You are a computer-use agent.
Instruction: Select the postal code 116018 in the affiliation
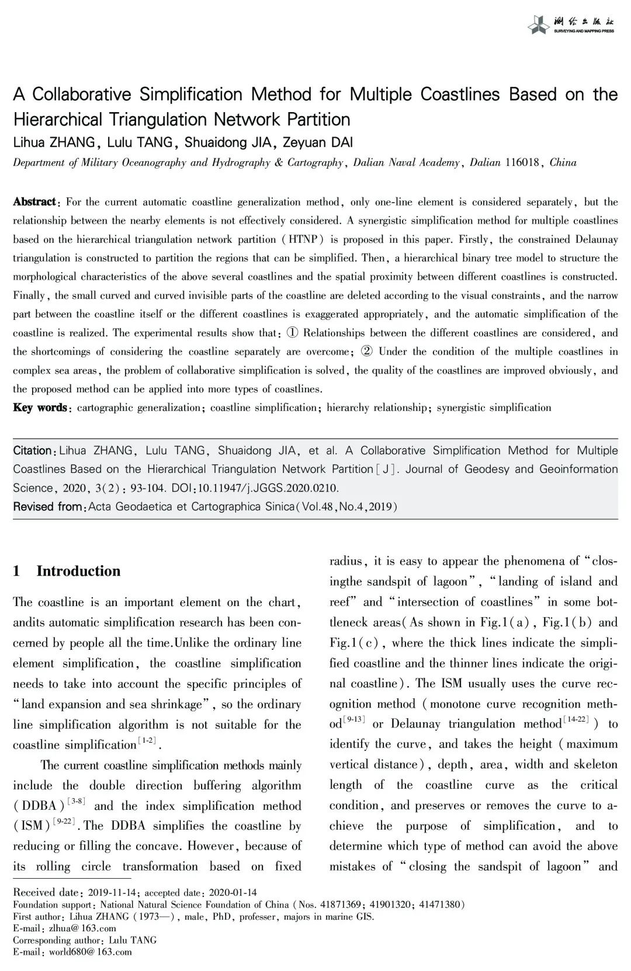(x=522, y=162)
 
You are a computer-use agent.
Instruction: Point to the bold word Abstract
(x=34, y=202)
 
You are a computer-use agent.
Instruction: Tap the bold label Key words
(x=40, y=408)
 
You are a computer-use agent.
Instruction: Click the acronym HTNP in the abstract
(x=306, y=239)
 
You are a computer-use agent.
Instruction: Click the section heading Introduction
(x=78, y=571)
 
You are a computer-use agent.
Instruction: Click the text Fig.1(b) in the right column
(x=566, y=622)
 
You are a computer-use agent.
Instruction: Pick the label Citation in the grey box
(x=33, y=451)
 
